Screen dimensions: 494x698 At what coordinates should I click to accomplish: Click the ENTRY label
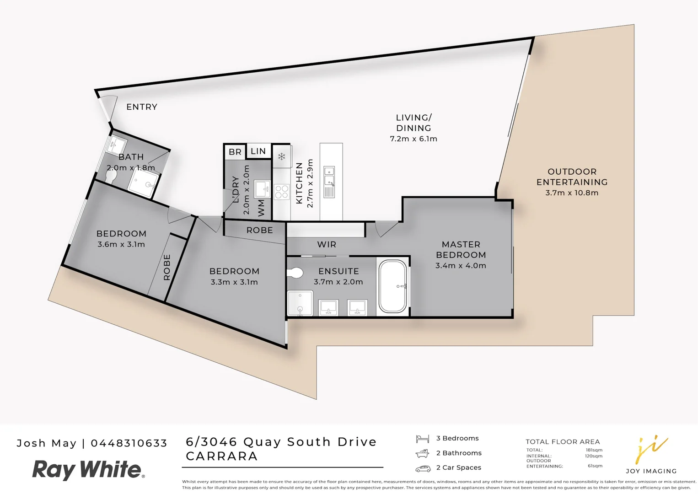pyautogui.click(x=142, y=107)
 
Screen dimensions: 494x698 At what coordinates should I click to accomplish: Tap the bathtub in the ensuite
pyautogui.click(x=393, y=286)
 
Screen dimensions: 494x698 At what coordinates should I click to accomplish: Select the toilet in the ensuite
pyautogui.click(x=295, y=274)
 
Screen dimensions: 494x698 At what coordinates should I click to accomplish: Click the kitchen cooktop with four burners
pyautogui.click(x=282, y=192)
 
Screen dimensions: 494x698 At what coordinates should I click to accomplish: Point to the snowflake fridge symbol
pyautogui.click(x=282, y=156)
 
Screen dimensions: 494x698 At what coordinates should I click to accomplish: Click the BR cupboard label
pyautogui.click(x=235, y=152)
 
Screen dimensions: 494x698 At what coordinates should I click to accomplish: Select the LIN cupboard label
pyautogui.click(x=258, y=151)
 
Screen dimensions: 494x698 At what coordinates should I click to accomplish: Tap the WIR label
pyautogui.click(x=327, y=245)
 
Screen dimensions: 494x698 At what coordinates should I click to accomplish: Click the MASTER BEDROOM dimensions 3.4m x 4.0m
pyautogui.click(x=461, y=266)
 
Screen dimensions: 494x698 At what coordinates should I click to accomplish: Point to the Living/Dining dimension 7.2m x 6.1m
pyautogui.click(x=413, y=139)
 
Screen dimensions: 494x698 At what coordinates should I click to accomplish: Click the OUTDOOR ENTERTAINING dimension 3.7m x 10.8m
pyautogui.click(x=572, y=193)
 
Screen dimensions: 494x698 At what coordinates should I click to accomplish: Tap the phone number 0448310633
pyautogui.click(x=129, y=443)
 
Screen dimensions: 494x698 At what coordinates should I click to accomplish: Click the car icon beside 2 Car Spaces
pyautogui.click(x=423, y=468)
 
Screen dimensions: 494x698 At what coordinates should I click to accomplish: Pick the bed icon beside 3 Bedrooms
pyautogui.click(x=422, y=439)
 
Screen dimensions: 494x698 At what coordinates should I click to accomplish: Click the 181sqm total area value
pyautogui.click(x=594, y=450)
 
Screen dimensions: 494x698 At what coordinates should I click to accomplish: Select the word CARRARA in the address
pyautogui.click(x=222, y=456)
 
